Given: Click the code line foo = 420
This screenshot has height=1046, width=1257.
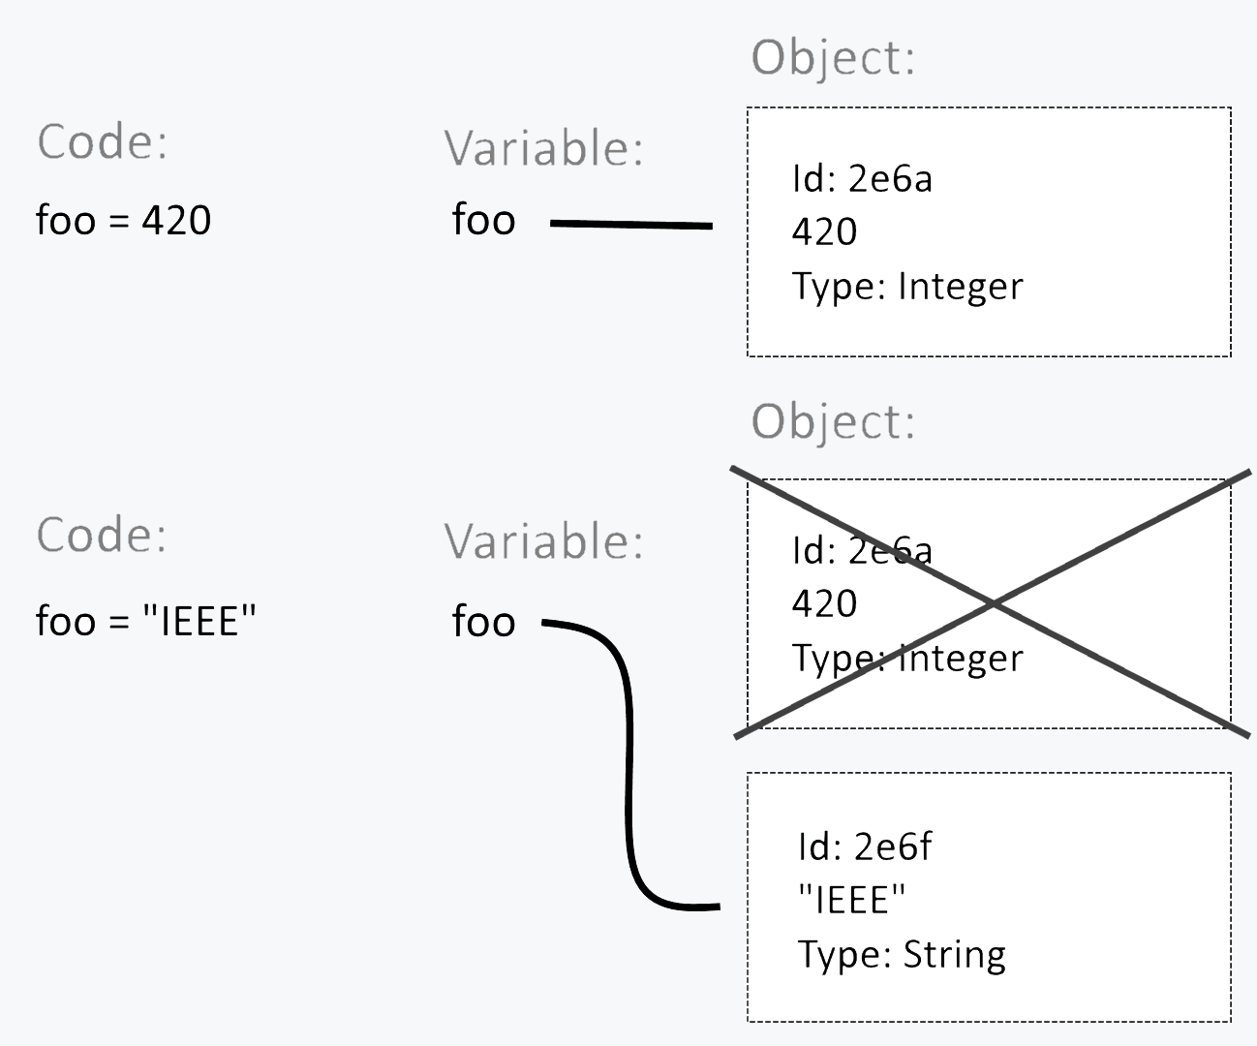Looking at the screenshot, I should (x=123, y=220).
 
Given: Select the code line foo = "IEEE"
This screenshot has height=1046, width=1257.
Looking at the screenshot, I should (x=145, y=621).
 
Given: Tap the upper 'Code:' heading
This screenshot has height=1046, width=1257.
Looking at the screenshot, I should (x=102, y=142).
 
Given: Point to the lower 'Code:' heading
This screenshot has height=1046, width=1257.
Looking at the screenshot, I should (x=102, y=535).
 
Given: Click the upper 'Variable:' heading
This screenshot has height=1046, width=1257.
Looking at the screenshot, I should (x=543, y=149).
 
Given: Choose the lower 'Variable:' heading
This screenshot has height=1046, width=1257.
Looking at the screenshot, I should (x=543, y=541).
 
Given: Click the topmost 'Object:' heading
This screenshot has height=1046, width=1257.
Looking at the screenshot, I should (x=833, y=58).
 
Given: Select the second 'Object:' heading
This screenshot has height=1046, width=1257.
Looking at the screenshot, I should (x=833, y=422).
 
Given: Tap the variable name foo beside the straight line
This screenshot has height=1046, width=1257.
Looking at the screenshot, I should (x=483, y=220).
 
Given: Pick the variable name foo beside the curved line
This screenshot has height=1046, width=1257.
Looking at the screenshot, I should (x=483, y=621).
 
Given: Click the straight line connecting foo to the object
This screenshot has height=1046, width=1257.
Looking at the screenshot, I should (x=630, y=225).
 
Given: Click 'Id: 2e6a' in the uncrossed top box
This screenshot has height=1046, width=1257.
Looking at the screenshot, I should (x=862, y=178).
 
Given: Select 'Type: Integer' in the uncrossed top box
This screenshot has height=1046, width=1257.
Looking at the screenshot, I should (x=907, y=287).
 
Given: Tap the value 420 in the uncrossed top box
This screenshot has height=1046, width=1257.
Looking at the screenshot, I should (x=824, y=232).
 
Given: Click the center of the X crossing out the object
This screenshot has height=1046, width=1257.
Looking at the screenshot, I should (x=993, y=603).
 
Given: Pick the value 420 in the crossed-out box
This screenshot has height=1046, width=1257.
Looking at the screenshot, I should (x=824, y=603).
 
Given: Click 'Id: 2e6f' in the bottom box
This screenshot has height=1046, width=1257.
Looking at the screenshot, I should (x=865, y=846).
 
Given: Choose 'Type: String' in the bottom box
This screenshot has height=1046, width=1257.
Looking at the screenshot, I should (x=902, y=955).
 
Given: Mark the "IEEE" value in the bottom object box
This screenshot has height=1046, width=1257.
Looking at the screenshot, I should (x=851, y=901).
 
